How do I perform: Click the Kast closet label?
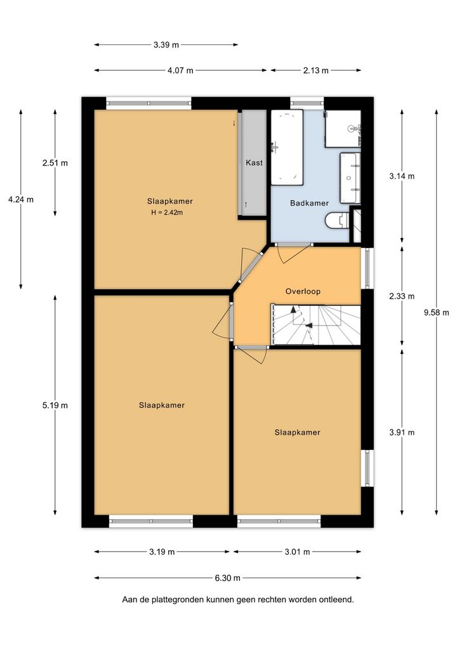(254, 162)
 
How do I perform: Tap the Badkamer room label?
(310, 203)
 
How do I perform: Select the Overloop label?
(303, 291)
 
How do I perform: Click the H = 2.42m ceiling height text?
(167, 213)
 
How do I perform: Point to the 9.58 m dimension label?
(437, 312)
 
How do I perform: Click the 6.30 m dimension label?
(227, 578)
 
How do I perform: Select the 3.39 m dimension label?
(166, 45)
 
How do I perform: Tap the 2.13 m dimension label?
(316, 70)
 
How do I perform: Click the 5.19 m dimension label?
(55, 405)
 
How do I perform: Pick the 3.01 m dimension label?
(297, 551)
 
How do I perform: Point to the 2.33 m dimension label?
(402, 296)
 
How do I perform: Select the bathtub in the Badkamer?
(287, 147)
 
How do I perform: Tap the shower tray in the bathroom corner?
(343, 129)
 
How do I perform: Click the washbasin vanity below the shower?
(350, 178)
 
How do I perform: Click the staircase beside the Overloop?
(315, 325)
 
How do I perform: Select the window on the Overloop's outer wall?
(367, 268)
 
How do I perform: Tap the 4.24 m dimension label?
(21, 199)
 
